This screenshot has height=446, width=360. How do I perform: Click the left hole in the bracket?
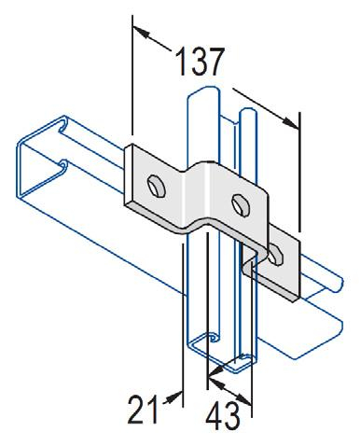click(x=157, y=182)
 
